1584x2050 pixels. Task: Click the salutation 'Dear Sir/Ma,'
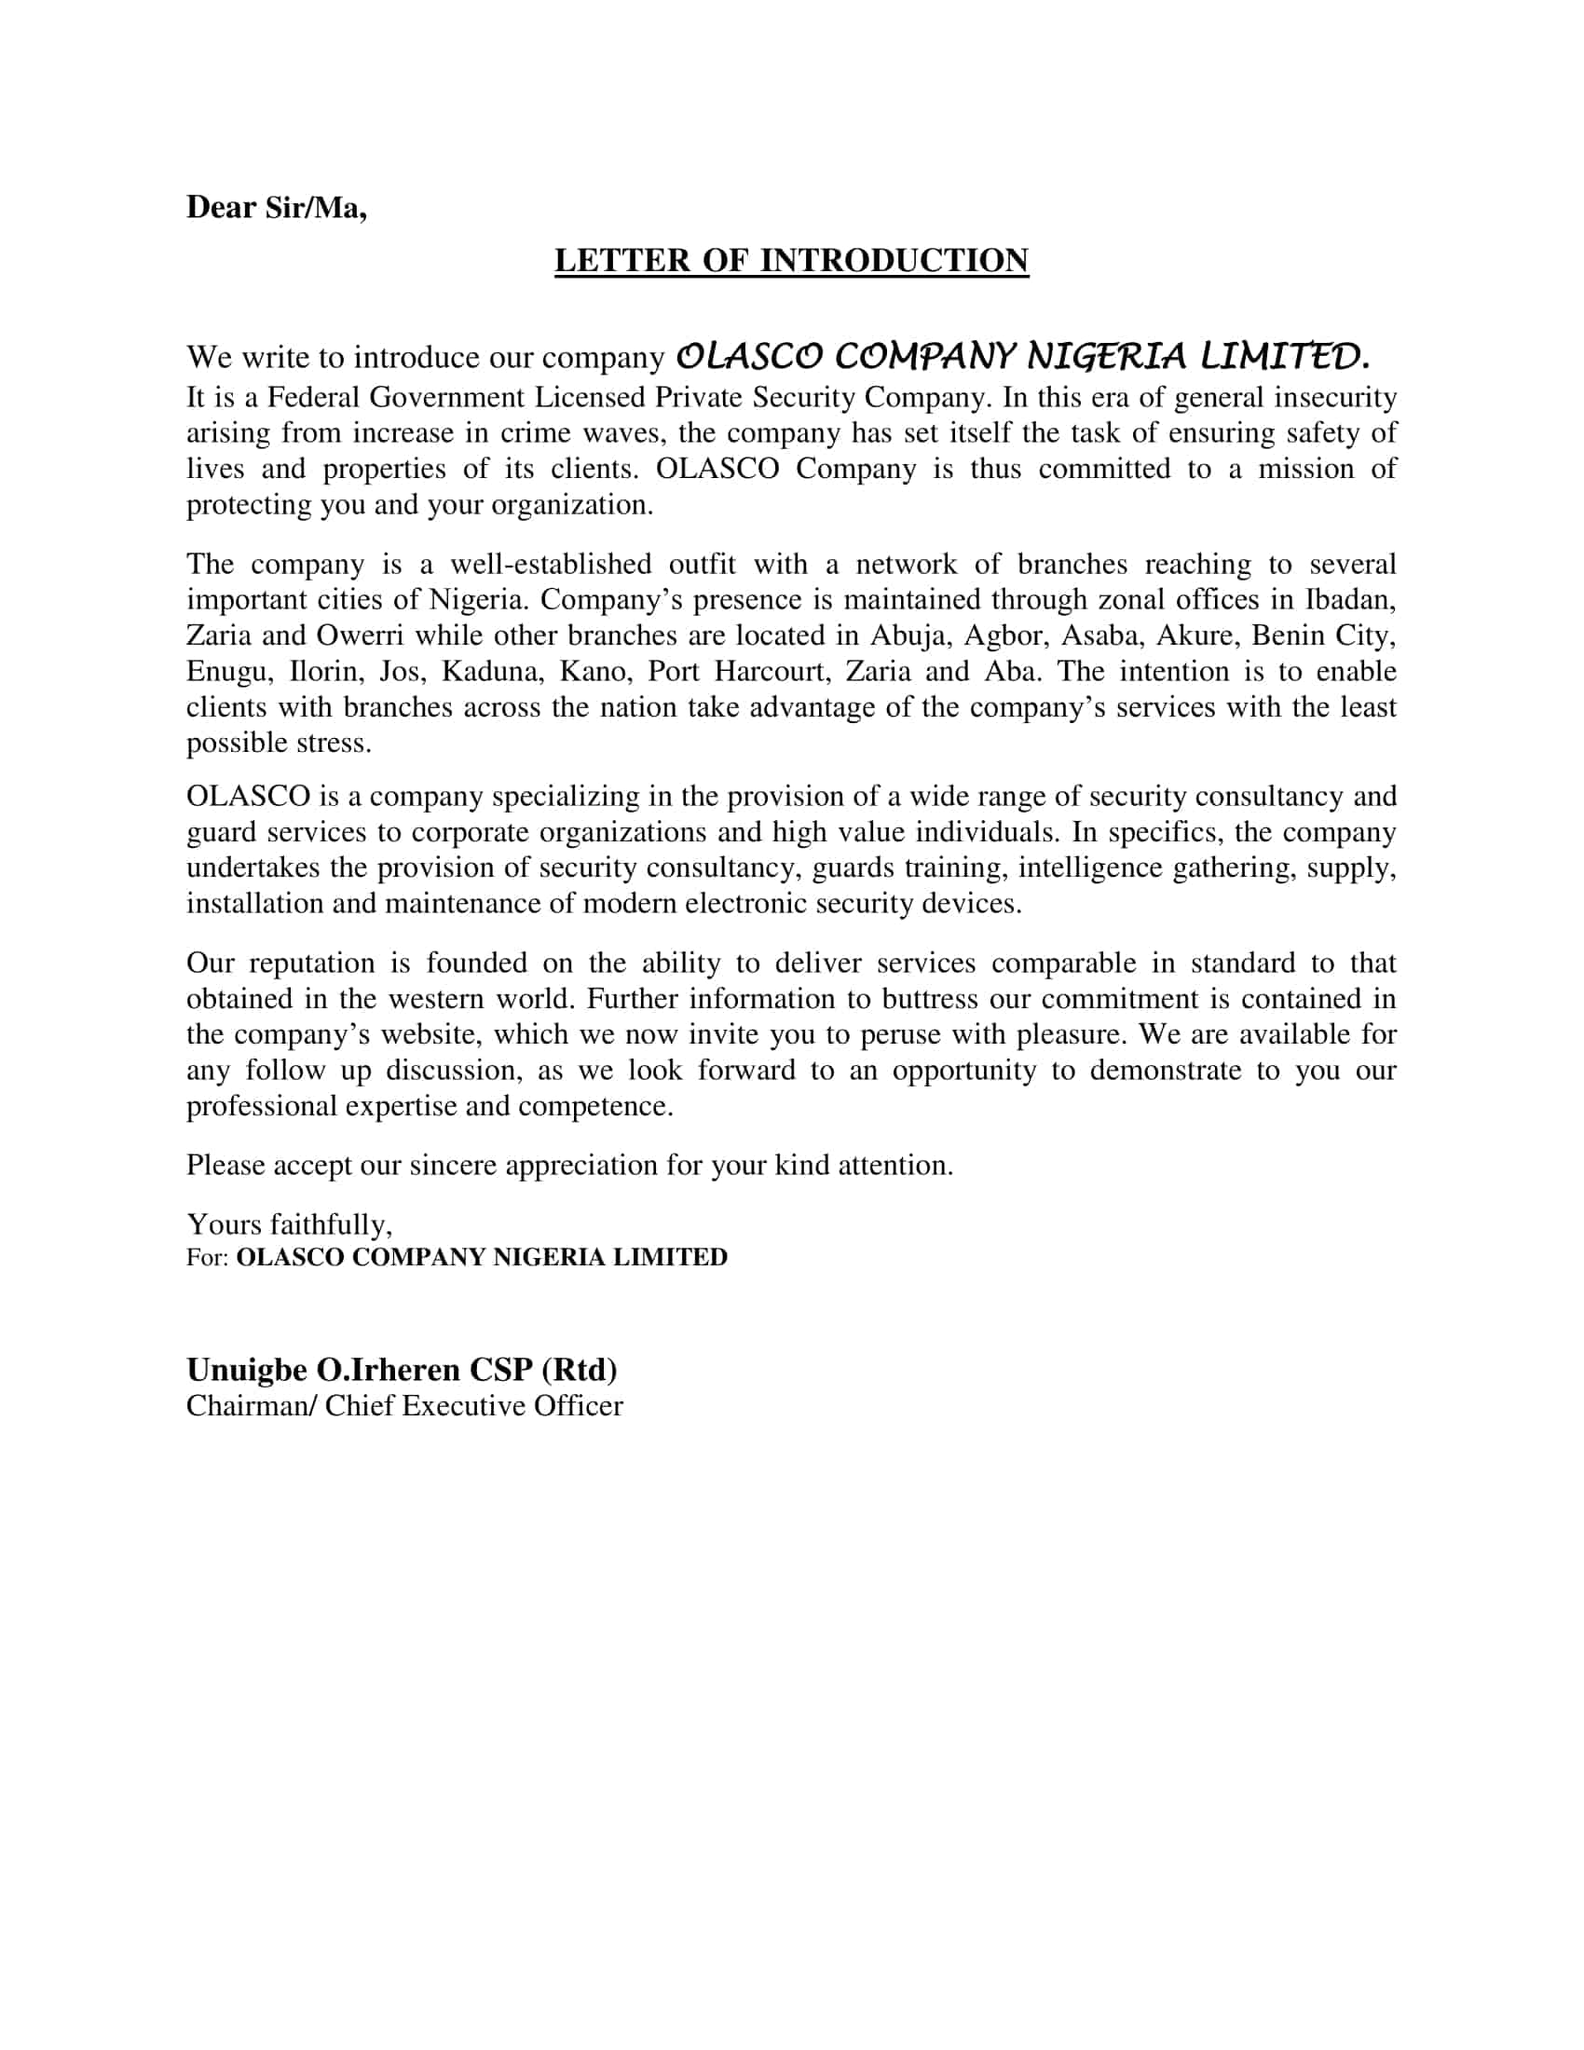(x=276, y=207)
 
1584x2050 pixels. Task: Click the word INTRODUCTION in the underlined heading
(x=894, y=260)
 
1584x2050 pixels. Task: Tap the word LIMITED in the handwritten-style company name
(x=1285, y=356)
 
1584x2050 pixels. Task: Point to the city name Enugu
(x=226, y=672)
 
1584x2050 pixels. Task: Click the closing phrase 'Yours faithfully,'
(x=289, y=1224)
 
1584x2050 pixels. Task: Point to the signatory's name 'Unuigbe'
(x=247, y=1370)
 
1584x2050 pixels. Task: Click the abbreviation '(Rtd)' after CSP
(x=579, y=1370)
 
